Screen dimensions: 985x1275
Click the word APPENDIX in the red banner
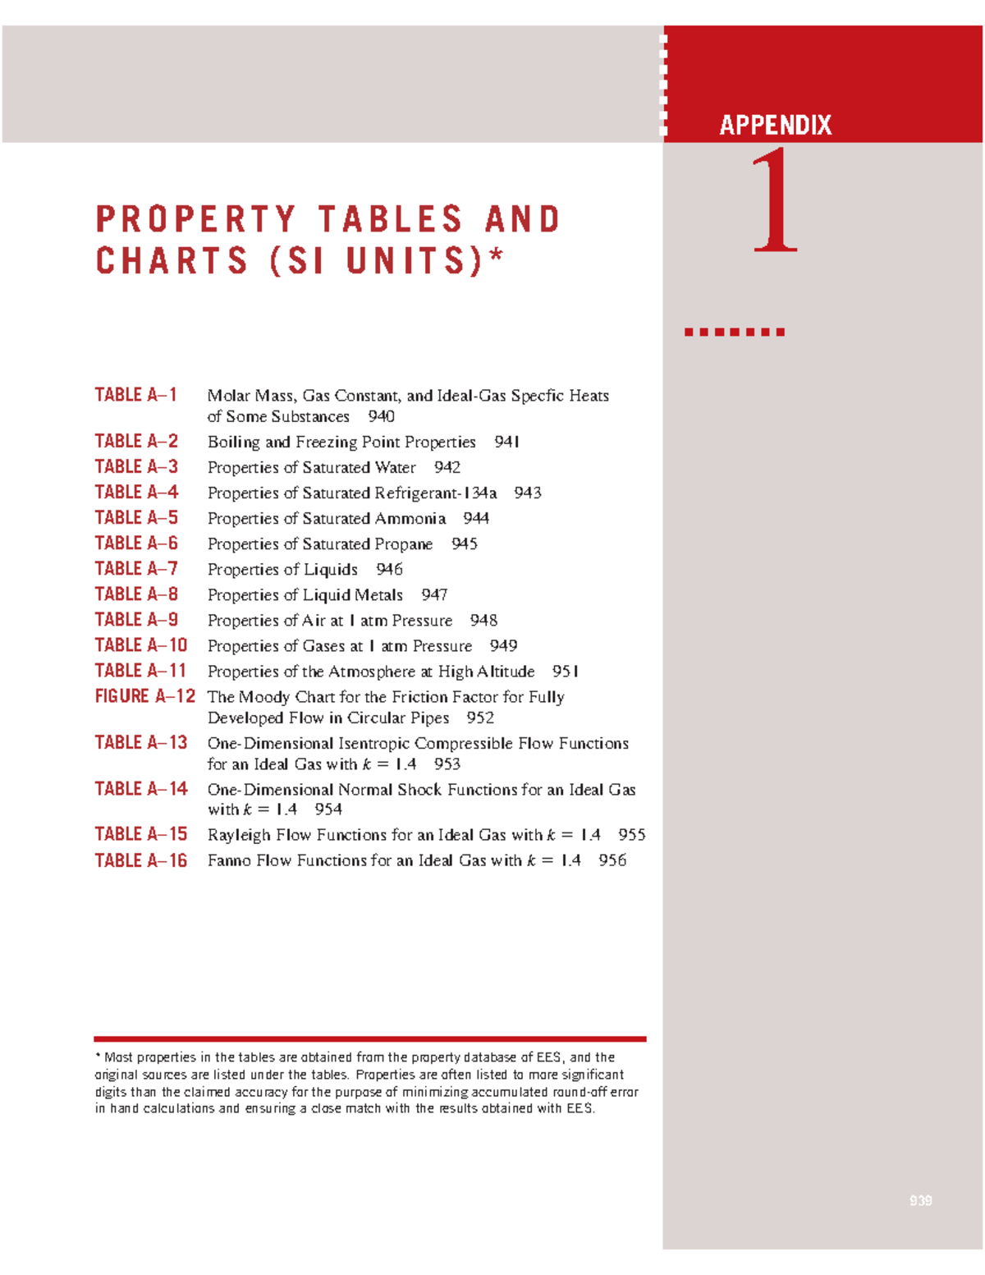(x=776, y=125)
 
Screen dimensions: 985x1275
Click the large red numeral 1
(x=775, y=200)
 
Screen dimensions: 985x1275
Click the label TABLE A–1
(x=136, y=395)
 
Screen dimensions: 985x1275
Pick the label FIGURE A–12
(x=145, y=696)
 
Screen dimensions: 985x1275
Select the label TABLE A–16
(x=141, y=860)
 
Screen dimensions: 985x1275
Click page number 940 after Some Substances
(x=381, y=416)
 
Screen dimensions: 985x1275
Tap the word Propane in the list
(x=404, y=543)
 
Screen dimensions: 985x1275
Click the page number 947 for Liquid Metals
(x=434, y=594)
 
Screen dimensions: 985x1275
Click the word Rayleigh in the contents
(x=239, y=835)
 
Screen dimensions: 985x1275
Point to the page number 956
(x=612, y=860)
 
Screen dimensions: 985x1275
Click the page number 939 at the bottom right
(x=920, y=1200)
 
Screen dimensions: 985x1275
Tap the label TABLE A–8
(x=136, y=594)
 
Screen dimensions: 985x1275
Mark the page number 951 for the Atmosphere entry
(x=566, y=672)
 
